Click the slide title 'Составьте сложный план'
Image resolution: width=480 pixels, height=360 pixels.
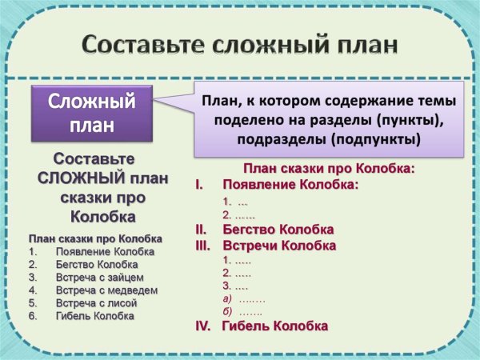pyautogui.click(x=241, y=43)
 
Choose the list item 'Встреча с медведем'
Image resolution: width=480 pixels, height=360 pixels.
pyautogui.click(x=107, y=290)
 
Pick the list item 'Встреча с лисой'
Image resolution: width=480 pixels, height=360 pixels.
pyautogui.click(x=97, y=302)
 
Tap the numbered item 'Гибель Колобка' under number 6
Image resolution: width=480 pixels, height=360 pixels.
pyautogui.click(x=95, y=315)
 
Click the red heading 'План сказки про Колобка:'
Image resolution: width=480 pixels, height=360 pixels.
pyautogui.click(x=329, y=169)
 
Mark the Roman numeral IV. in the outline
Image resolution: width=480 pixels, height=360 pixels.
pyautogui.click(x=203, y=326)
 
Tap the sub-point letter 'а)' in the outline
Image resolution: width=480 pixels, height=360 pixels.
pyautogui.click(x=227, y=298)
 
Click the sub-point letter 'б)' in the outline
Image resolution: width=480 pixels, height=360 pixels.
pyautogui.click(x=227, y=311)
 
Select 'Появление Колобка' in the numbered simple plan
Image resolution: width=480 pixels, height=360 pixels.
pyautogui.click(x=106, y=251)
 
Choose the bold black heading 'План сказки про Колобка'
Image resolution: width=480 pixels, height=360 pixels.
pyautogui.click(x=95, y=238)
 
